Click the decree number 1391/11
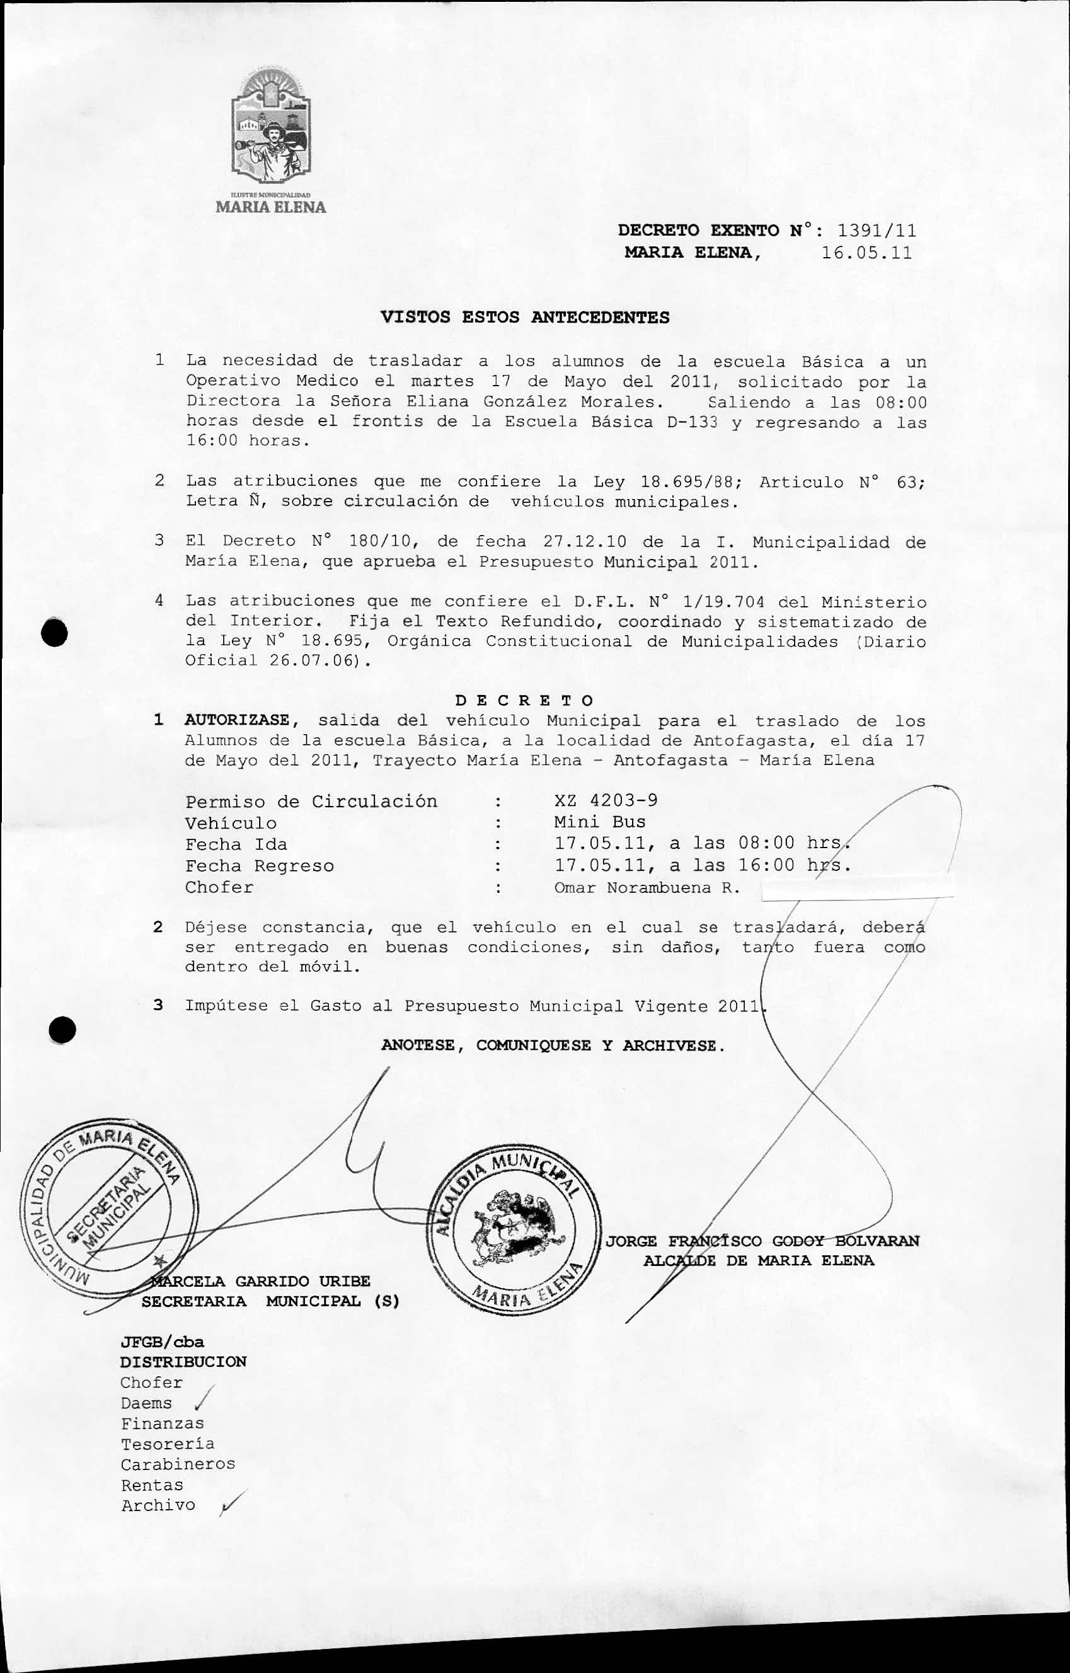coord(877,230)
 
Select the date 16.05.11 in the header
coord(866,252)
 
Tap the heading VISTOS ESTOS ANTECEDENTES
coord(526,318)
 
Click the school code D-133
coord(692,422)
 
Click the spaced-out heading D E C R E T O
coord(524,699)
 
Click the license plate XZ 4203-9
coord(606,800)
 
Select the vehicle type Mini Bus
coord(600,822)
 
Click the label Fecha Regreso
coord(259,866)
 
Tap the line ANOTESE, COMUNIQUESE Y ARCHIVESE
coord(553,1045)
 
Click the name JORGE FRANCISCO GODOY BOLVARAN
coord(762,1241)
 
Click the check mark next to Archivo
coord(229,1505)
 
